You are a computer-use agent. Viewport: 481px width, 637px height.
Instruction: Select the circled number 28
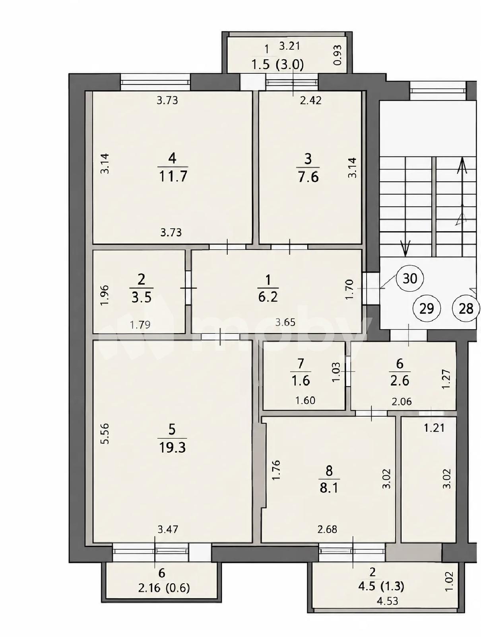pyautogui.click(x=465, y=308)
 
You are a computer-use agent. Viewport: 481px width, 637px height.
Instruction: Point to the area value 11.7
pyautogui.click(x=173, y=176)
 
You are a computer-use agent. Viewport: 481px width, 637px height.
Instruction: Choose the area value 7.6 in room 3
pyautogui.click(x=308, y=176)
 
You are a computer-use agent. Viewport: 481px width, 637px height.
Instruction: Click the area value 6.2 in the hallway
pyautogui.click(x=268, y=297)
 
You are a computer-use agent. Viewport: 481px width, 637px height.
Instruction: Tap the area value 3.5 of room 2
pyautogui.click(x=142, y=297)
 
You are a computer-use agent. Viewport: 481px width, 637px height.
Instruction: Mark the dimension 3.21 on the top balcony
pyautogui.click(x=289, y=46)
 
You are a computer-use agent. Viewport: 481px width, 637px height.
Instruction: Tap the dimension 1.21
pyautogui.click(x=434, y=428)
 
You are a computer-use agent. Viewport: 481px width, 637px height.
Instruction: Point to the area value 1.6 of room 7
pyautogui.click(x=301, y=380)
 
